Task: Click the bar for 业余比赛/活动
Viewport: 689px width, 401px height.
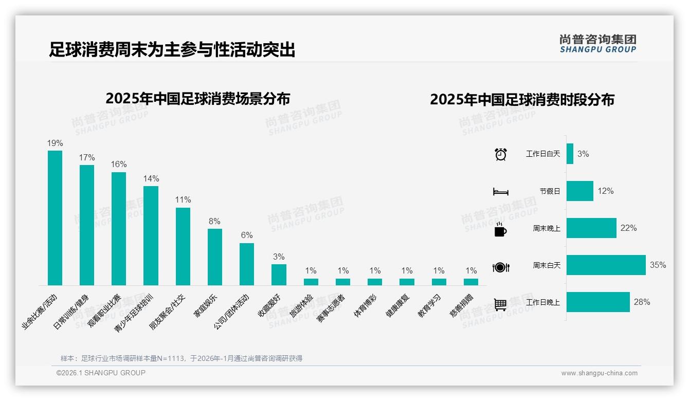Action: pos(55,218)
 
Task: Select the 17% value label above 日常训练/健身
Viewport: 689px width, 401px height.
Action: pos(87,157)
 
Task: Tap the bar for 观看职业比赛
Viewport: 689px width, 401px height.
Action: pos(119,229)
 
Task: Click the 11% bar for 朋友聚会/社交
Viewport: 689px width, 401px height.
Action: pos(183,246)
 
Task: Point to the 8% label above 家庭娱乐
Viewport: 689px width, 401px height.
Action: pos(214,221)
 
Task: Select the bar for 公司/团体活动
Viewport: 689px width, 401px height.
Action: pos(247,264)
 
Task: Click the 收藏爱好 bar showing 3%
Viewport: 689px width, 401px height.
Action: pos(279,275)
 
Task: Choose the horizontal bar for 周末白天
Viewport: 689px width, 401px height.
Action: pos(606,265)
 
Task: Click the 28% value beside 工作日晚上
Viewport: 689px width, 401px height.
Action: pos(642,302)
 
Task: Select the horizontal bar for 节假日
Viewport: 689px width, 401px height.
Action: pos(579,191)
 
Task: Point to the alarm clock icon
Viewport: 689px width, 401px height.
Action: pos(501,154)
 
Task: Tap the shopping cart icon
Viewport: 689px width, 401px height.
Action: pos(500,304)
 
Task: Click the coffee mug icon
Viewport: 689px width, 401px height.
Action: pos(500,229)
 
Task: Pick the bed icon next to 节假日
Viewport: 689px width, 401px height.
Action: pos(500,192)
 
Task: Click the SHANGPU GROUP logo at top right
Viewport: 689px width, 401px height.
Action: pos(598,44)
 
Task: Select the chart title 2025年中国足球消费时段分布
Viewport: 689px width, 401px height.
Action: pos(522,100)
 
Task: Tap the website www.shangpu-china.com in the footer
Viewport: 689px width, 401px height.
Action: pos(599,373)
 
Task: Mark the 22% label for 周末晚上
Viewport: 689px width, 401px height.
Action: pos(628,228)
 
